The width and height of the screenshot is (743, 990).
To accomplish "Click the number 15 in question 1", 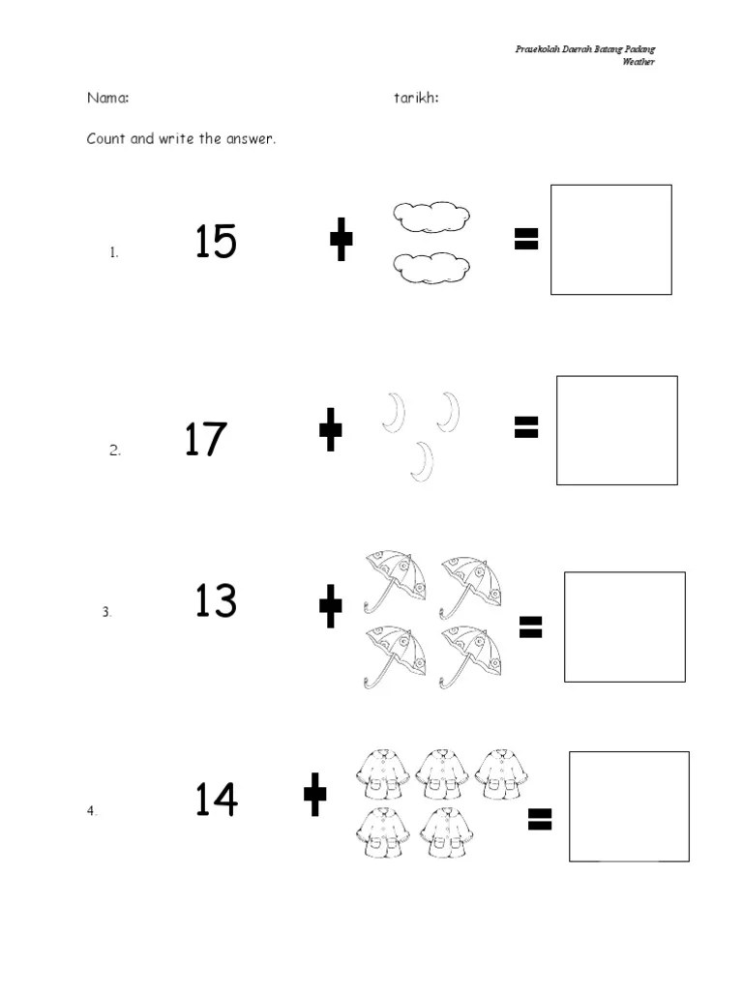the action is point(216,241).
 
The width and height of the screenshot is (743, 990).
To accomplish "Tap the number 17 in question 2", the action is point(205,439).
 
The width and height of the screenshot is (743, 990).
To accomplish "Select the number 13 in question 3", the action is point(216,599).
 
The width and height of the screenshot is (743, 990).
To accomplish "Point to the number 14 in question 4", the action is point(216,799).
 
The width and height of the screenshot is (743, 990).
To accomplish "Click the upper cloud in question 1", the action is point(431,218).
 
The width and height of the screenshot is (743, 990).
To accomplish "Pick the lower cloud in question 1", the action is point(431,268).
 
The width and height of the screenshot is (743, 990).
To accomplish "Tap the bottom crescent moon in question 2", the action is point(422,461).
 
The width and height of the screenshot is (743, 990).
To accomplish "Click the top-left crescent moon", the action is point(395,413).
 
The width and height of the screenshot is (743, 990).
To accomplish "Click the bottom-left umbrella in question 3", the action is point(395,656).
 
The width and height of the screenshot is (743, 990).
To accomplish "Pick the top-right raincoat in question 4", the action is point(502,774).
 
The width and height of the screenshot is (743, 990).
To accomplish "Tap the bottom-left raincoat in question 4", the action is point(382,832).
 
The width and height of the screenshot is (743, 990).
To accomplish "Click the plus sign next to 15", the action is point(342,240).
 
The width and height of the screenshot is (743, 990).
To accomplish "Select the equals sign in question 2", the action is point(526,426).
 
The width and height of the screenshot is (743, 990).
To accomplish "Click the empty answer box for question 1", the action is point(611,240).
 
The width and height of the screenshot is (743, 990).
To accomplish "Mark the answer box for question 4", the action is point(629,806).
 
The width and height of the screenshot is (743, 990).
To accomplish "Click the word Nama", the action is point(108,98).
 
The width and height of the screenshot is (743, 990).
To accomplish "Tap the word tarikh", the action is point(416,98).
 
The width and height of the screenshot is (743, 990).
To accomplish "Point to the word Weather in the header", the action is point(639,61).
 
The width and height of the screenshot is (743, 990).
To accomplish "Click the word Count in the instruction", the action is point(106,138).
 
